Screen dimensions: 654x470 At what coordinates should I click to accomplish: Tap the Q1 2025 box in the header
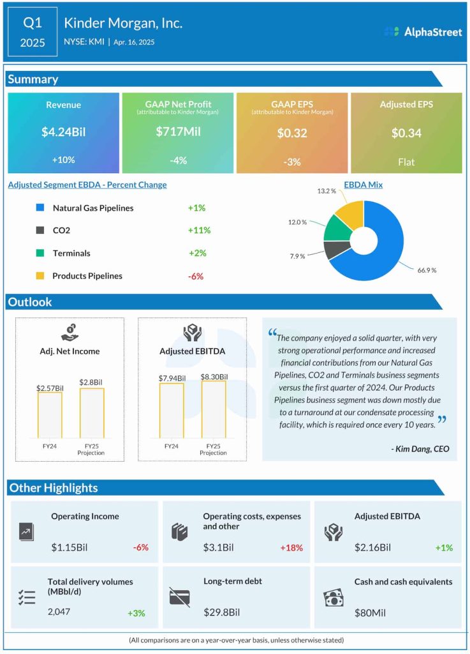coord(33,32)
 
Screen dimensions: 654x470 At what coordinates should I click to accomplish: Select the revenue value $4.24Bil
coord(63,133)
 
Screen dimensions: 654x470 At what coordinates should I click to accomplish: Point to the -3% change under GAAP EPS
coord(292,162)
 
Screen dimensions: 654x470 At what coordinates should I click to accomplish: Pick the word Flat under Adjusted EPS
coord(406,162)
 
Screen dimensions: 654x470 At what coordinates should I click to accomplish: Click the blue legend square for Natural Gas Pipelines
coord(40,208)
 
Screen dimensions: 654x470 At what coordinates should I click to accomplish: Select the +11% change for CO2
coord(199,230)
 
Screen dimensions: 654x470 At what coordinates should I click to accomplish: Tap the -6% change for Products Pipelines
coord(196,276)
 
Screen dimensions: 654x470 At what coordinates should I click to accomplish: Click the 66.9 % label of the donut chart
coord(427,270)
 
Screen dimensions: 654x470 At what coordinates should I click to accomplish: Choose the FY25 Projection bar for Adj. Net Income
coord(92,413)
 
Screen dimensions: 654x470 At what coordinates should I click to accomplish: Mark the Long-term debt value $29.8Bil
coord(221,612)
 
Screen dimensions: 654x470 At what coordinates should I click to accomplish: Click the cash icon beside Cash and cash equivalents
coord(334,597)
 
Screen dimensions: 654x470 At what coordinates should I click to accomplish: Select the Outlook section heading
coord(30,302)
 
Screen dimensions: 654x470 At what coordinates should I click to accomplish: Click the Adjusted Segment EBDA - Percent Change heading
coord(87,185)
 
